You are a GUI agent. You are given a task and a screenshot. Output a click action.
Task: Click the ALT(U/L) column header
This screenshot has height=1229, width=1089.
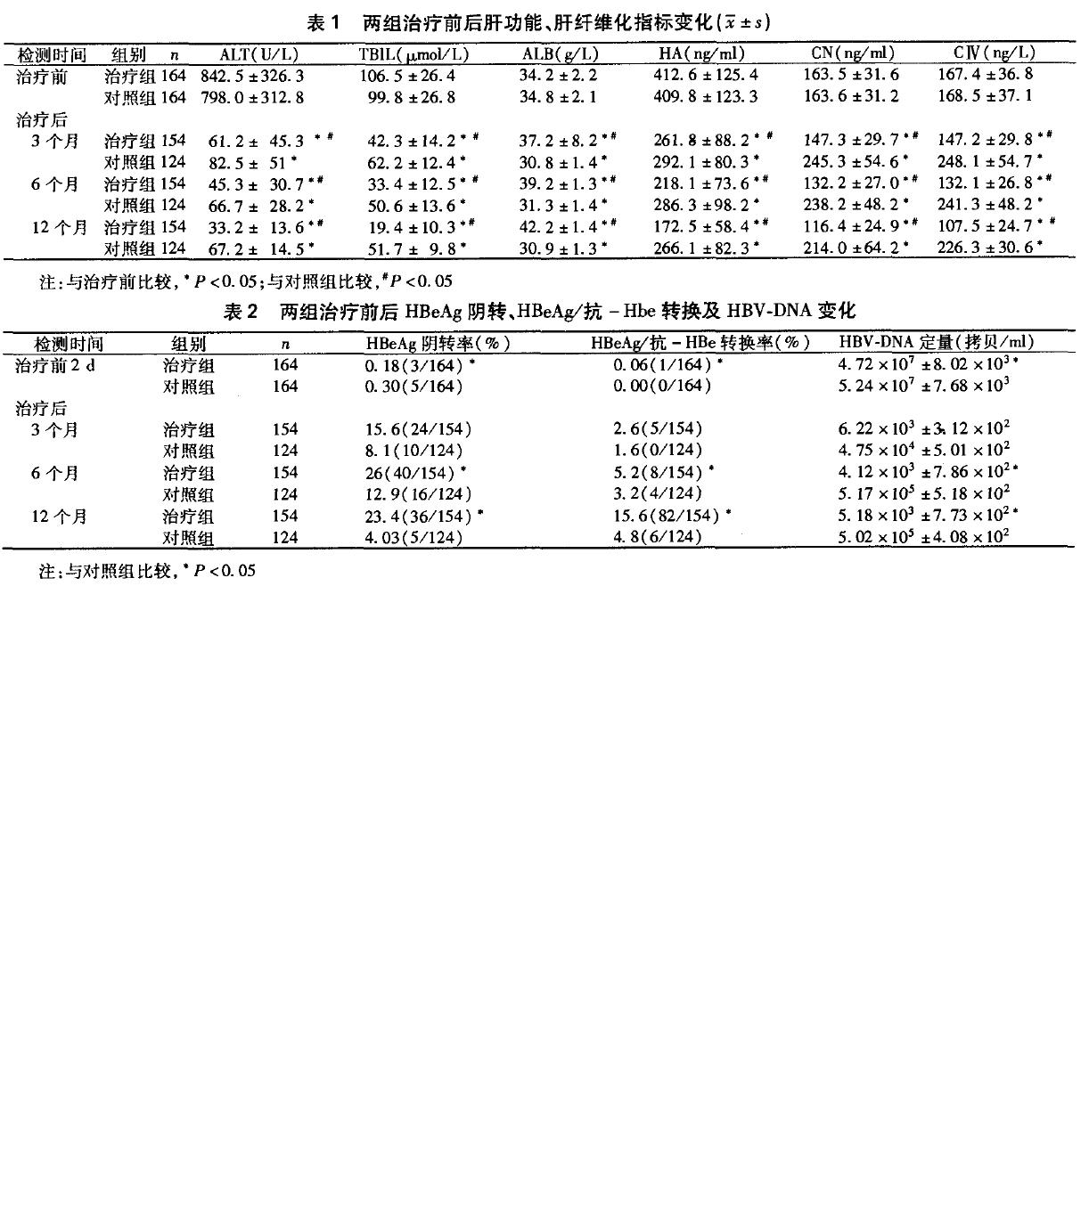[x=258, y=53]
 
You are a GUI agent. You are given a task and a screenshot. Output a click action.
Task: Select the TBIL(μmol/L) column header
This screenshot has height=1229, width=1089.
[x=413, y=53]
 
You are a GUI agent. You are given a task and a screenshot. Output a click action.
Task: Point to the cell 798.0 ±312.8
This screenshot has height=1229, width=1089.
[x=252, y=97]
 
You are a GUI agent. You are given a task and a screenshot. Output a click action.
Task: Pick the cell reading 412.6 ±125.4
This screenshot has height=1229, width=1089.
[x=706, y=76]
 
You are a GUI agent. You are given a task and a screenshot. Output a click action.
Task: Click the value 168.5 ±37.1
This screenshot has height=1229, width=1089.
[x=985, y=96]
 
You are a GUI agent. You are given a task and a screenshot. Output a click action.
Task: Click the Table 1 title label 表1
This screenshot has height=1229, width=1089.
[x=323, y=22]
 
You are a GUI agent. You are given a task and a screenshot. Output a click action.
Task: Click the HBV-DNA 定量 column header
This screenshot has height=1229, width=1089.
[x=936, y=342]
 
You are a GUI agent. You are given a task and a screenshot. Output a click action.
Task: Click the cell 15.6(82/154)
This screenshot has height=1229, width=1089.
[x=667, y=516]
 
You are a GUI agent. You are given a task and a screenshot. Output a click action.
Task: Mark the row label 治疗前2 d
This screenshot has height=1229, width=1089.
[x=55, y=365]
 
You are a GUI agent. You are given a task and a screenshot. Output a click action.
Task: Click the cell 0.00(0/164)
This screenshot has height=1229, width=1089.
[x=662, y=387]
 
